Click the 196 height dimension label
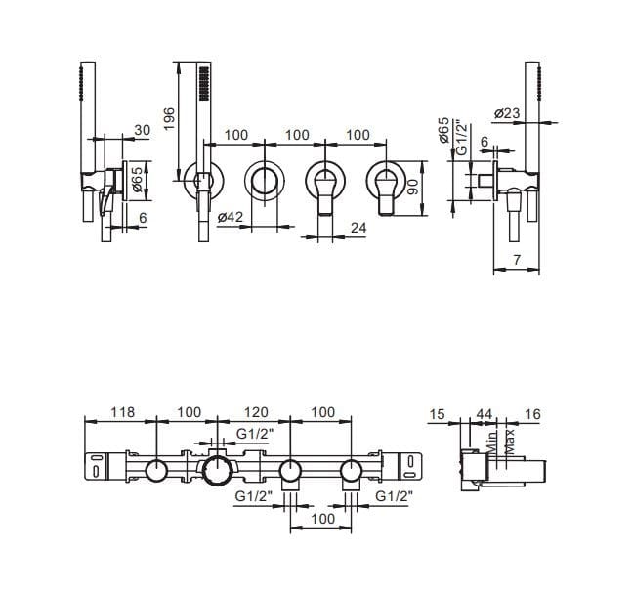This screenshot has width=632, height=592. click(x=170, y=119)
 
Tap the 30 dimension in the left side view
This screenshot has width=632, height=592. click(x=143, y=130)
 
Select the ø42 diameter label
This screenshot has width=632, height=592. click(x=231, y=217)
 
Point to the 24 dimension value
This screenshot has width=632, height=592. click(x=358, y=228)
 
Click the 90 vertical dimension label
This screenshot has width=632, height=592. click(x=413, y=187)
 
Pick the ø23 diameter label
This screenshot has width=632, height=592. click(x=507, y=113)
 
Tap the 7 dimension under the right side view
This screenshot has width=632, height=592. click(x=517, y=260)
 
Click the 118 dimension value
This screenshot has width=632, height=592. click(x=122, y=412)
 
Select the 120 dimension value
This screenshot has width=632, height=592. click(x=256, y=412)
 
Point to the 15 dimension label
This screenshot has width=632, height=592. click(x=437, y=414)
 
